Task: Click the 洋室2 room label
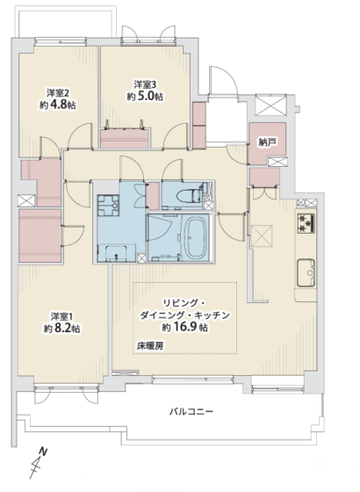(x=58, y=93)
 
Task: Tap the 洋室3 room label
(x=145, y=84)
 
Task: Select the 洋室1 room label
(x=61, y=316)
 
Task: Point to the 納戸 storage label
(x=268, y=142)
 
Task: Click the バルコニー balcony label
(x=191, y=411)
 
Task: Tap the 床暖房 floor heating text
(x=150, y=346)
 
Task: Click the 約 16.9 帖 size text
(x=184, y=327)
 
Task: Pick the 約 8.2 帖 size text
(x=61, y=329)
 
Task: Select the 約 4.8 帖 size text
(x=58, y=105)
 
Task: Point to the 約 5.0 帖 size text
(x=145, y=97)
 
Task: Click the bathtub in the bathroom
(x=195, y=237)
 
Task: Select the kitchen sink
(x=306, y=272)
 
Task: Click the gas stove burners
(x=306, y=223)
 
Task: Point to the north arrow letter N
(x=43, y=452)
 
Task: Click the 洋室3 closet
(x=124, y=139)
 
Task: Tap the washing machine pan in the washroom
(x=108, y=206)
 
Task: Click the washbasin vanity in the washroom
(x=116, y=253)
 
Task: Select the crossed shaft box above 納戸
(x=270, y=105)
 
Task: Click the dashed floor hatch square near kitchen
(x=261, y=236)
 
